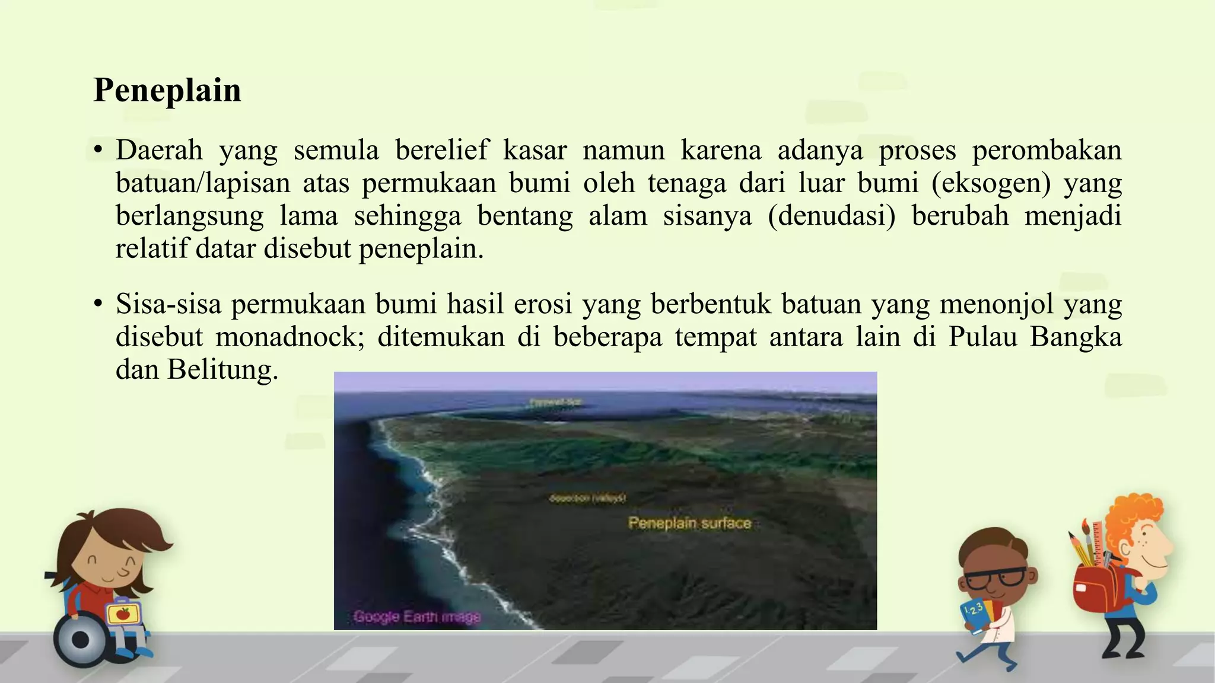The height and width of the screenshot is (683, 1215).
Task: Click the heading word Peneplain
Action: [167, 91]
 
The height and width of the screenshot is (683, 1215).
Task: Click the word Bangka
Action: [1076, 337]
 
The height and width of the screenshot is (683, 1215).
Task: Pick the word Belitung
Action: [222, 369]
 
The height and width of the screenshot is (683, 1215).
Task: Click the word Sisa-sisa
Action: [168, 304]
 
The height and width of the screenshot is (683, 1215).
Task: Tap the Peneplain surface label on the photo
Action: [689, 523]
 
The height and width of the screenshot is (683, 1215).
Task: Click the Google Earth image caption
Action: [416, 617]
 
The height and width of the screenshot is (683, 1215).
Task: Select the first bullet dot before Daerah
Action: [98, 149]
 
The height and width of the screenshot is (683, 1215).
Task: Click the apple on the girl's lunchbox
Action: [123, 613]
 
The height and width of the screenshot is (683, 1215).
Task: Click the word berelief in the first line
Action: [442, 150]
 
